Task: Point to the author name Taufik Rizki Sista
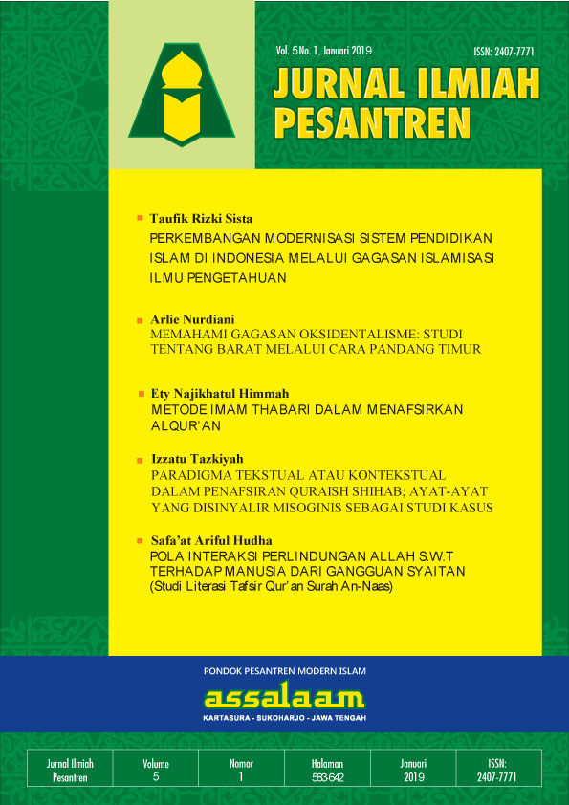[201, 219]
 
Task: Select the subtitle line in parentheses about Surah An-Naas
[272, 586]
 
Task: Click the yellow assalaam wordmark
[285, 697]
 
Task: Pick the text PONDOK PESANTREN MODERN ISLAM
[285, 671]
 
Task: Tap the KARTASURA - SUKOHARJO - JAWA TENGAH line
[285, 718]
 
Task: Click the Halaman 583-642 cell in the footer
[327, 771]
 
